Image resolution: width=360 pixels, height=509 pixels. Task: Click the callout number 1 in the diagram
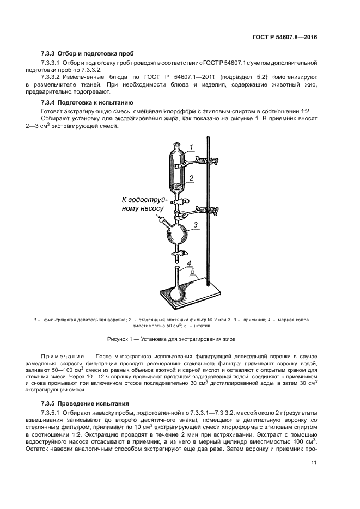point(191,146)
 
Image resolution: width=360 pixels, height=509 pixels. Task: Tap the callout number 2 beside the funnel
point(191,178)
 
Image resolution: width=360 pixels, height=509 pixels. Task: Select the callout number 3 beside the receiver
point(194,223)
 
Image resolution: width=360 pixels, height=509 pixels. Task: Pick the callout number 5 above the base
point(193,271)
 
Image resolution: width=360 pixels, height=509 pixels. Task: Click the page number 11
point(313,462)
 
